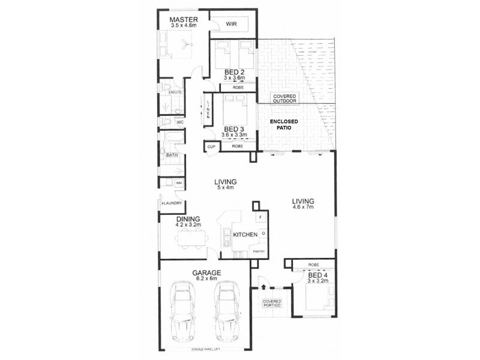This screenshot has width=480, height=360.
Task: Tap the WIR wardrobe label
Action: tap(232, 25)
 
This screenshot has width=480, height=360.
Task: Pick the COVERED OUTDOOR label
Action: tap(285, 100)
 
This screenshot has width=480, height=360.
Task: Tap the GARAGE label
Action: tap(206, 273)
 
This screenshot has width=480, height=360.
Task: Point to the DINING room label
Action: tap(188, 220)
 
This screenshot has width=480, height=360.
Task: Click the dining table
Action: tap(192, 239)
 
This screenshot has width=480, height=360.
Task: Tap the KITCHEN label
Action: tap(245, 235)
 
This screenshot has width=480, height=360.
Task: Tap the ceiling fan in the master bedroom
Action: tap(186, 44)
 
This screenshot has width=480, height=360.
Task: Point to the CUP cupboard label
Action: tap(211, 146)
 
